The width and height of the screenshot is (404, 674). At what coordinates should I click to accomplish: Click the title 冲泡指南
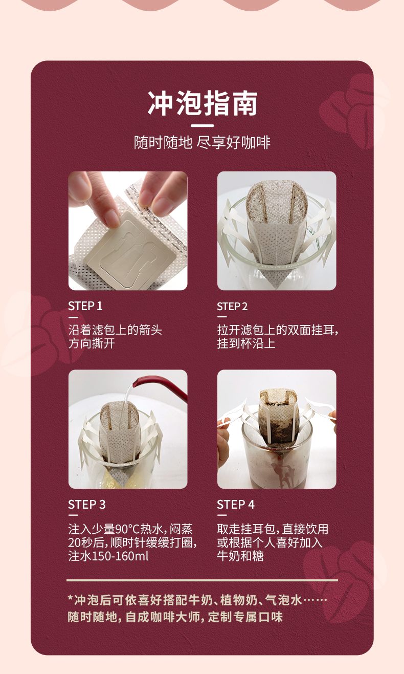202,104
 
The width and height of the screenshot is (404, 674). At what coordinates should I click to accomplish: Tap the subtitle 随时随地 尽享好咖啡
202,142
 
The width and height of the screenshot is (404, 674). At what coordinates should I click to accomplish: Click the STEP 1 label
85,306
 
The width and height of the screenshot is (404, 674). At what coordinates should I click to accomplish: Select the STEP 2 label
232,307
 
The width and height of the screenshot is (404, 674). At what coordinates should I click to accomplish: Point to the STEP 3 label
87,505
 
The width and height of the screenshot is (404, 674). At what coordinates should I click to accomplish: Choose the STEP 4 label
236,505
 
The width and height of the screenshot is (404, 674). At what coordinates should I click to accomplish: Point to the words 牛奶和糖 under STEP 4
240,556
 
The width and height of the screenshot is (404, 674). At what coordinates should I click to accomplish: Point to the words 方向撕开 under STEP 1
92,343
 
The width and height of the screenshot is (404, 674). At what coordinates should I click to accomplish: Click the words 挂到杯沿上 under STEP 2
246,343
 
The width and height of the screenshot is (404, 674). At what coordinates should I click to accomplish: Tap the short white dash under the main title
202,125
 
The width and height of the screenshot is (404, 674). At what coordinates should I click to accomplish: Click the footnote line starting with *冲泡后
197,599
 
